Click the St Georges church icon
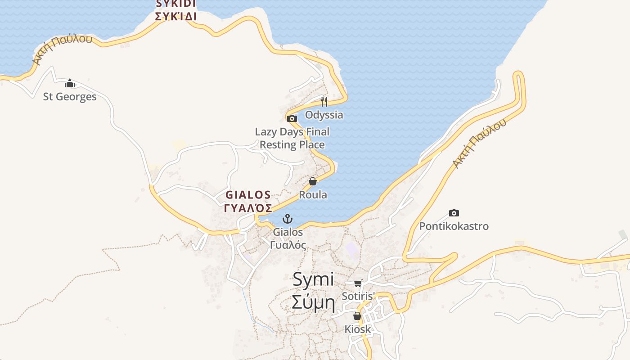70,84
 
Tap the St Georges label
70,97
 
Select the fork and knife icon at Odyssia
324,101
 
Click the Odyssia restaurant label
324,115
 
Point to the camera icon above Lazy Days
292,119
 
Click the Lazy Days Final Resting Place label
292,138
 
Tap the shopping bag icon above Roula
313,181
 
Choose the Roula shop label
313,195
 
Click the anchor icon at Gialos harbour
287,219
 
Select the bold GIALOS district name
248,195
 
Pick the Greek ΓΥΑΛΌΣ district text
248,208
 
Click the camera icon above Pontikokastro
454,213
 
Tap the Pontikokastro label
454,226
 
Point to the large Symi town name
313,279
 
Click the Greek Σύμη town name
313,302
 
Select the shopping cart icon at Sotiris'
358,283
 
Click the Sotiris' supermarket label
358,296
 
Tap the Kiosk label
358,329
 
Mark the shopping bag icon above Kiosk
357,316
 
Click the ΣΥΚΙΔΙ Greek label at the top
176,17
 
